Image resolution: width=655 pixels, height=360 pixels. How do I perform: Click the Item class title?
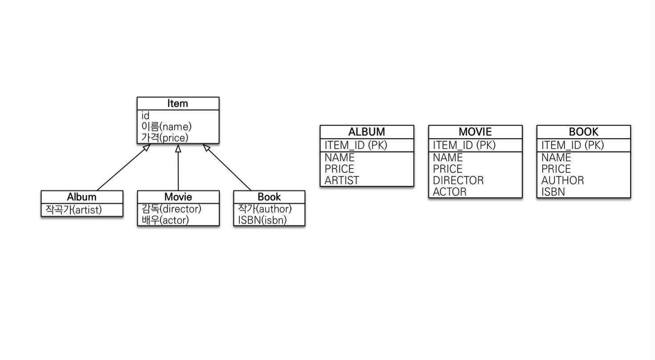point(178,103)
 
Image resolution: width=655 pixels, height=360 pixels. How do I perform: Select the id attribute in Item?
point(145,116)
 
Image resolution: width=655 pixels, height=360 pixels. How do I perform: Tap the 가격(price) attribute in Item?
point(165,138)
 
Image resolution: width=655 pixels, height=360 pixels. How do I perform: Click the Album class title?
point(82,197)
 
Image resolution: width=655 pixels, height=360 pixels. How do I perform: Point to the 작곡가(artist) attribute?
point(74,209)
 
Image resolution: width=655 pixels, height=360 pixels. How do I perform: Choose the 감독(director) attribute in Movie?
point(172,209)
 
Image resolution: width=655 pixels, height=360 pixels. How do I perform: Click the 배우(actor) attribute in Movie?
point(165,220)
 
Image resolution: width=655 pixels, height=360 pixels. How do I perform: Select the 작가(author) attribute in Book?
point(265,209)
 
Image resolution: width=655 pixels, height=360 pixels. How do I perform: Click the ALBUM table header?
point(367,132)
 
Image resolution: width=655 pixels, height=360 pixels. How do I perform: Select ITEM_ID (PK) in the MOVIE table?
point(464,145)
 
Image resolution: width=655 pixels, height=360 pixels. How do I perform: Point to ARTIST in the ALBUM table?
point(342,180)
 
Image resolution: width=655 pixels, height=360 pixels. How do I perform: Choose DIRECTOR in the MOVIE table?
point(458,180)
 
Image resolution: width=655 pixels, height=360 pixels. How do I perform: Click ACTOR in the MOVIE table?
point(450,192)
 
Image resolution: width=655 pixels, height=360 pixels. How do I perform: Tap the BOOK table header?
point(584,132)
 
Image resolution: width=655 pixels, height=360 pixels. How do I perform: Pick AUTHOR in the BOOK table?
point(562,180)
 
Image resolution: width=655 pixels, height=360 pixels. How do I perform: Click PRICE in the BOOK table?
point(556,169)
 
